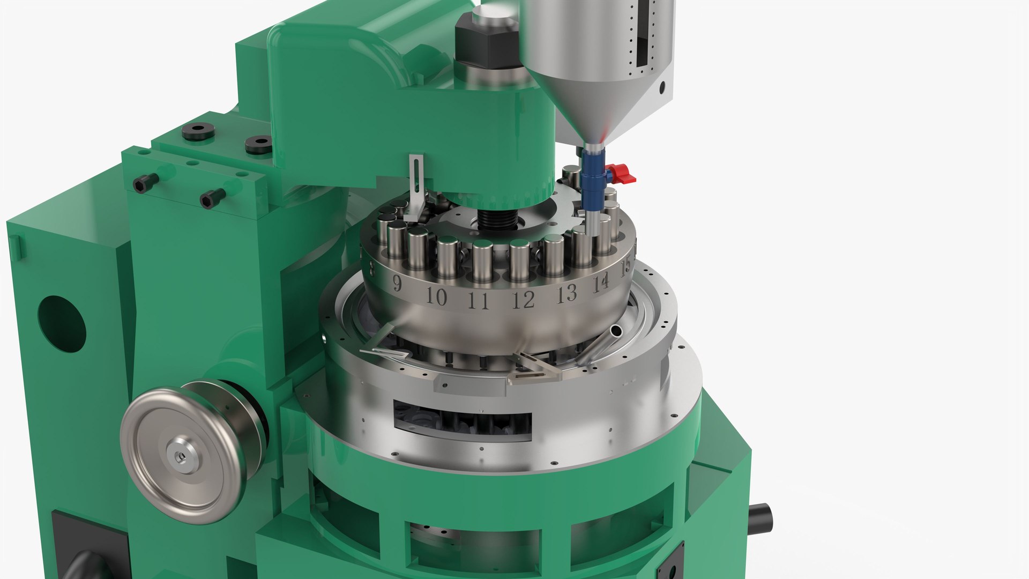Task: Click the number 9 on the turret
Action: coord(397,283)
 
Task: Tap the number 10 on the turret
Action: coord(437,296)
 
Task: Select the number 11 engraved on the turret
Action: coord(479,301)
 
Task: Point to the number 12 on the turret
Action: coord(524,300)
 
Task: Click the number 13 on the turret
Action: coord(567,293)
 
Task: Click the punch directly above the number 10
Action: coord(447,260)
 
